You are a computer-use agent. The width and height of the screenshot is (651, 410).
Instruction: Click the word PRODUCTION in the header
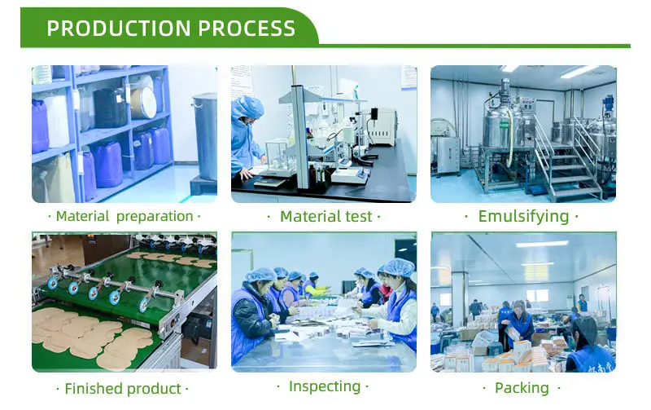coord(118,29)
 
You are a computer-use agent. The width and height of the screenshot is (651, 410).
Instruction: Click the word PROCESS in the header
coord(247,29)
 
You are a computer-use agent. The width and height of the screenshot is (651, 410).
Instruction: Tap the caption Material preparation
coord(125,216)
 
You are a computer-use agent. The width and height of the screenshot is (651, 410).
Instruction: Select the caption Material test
coord(326,216)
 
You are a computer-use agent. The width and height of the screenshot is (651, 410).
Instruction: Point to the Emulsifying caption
coord(523,216)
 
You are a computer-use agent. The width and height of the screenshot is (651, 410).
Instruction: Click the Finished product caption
coord(123,388)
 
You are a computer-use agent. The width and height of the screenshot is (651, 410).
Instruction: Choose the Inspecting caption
coord(325,386)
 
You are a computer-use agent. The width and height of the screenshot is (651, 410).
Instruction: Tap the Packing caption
coord(522,388)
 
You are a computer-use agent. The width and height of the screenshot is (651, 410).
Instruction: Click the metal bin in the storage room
coord(205,137)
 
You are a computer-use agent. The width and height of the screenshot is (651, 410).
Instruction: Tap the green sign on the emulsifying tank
coord(504,125)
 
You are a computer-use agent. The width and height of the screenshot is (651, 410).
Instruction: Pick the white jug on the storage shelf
coord(57,121)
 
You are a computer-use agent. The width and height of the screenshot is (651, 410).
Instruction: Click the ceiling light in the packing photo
coord(542,244)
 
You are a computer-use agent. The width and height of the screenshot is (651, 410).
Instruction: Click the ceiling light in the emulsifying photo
coord(579,72)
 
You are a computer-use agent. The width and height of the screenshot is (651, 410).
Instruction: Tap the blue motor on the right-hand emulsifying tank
coord(609,104)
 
